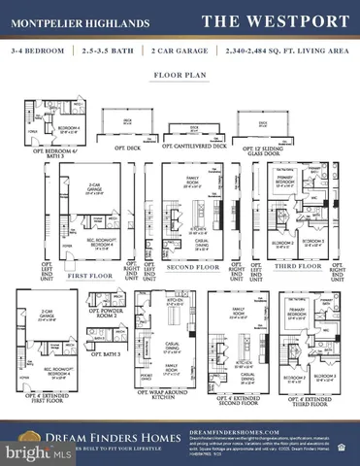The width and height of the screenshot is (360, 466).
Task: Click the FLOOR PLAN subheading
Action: tap(180, 74)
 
